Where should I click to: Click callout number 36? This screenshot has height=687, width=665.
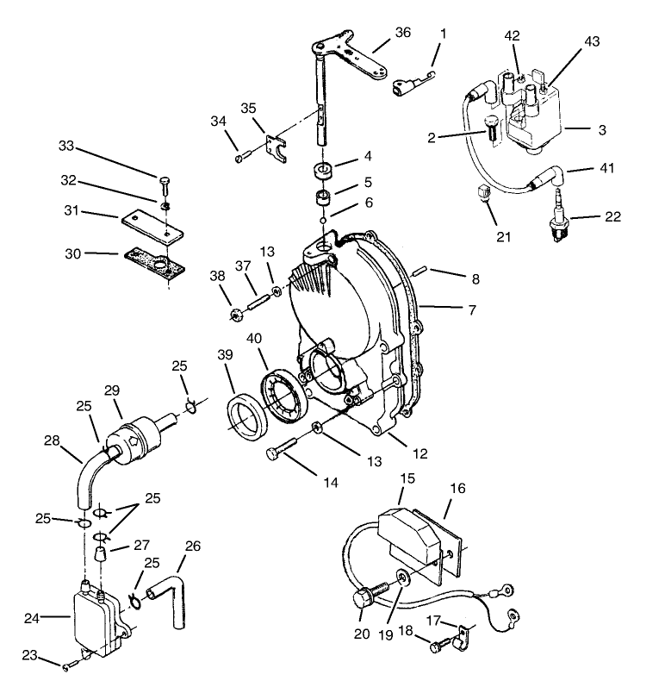402,32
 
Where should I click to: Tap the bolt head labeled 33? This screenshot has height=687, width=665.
164,179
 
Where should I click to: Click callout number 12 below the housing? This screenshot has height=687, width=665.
418,452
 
